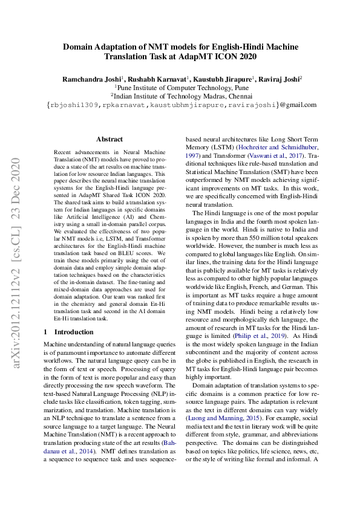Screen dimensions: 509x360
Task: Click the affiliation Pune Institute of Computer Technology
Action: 182,87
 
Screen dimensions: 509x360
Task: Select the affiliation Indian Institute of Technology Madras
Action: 182,96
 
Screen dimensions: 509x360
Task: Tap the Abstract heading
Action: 109,139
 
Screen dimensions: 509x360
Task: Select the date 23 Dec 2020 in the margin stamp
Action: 17,189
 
